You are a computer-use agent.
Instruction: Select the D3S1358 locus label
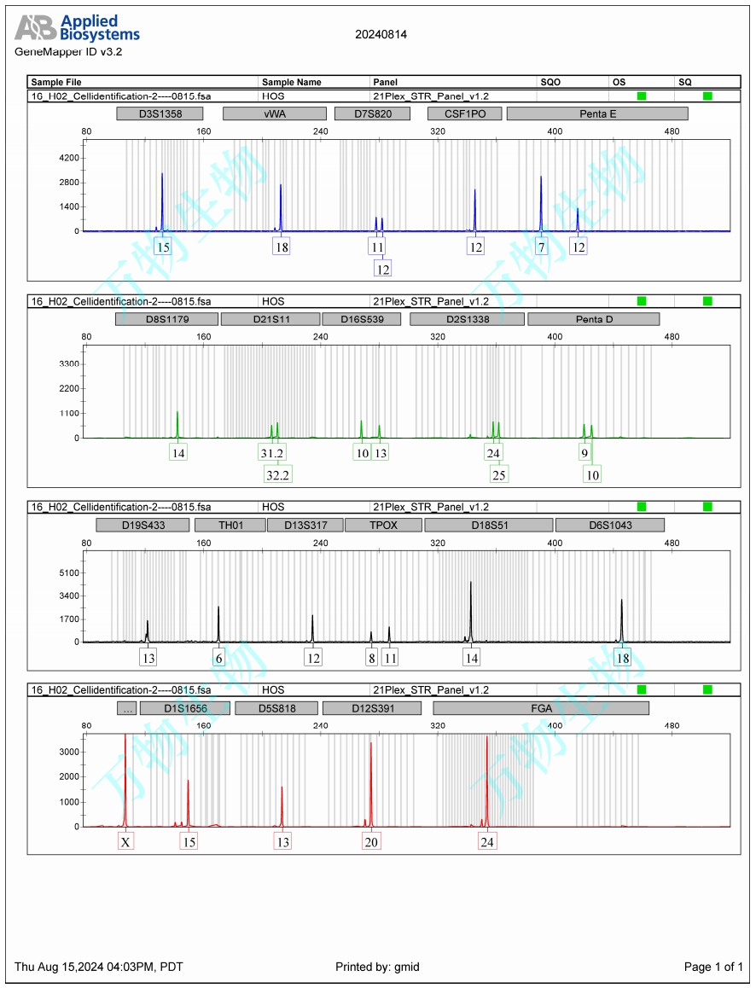tap(160, 113)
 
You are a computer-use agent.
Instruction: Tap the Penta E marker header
tap(596, 113)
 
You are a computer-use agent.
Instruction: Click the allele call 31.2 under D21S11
tap(272, 453)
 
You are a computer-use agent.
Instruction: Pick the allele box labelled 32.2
tap(278, 474)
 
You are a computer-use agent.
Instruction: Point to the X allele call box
tap(125, 842)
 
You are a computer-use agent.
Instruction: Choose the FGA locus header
tap(541, 708)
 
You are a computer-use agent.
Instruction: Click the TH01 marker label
tap(230, 525)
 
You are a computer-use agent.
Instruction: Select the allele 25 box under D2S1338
tap(499, 474)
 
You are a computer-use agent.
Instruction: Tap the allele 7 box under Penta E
tap(541, 247)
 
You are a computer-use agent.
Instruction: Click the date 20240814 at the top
tap(381, 35)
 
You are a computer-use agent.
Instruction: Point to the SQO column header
tap(550, 82)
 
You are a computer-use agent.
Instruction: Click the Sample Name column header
tap(292, 82)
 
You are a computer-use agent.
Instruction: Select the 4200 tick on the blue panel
tap(67, 158)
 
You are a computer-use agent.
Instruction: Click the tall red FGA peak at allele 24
tap(486, 768)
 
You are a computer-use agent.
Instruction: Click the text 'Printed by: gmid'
tap(377, 967)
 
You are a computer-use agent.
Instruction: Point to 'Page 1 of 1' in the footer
tap(713, 967)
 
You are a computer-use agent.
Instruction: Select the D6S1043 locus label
tap(609, 525)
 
